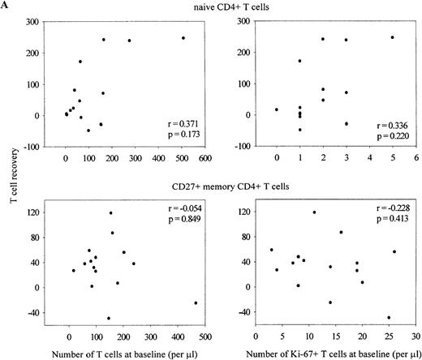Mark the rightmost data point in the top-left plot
[183, 38]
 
